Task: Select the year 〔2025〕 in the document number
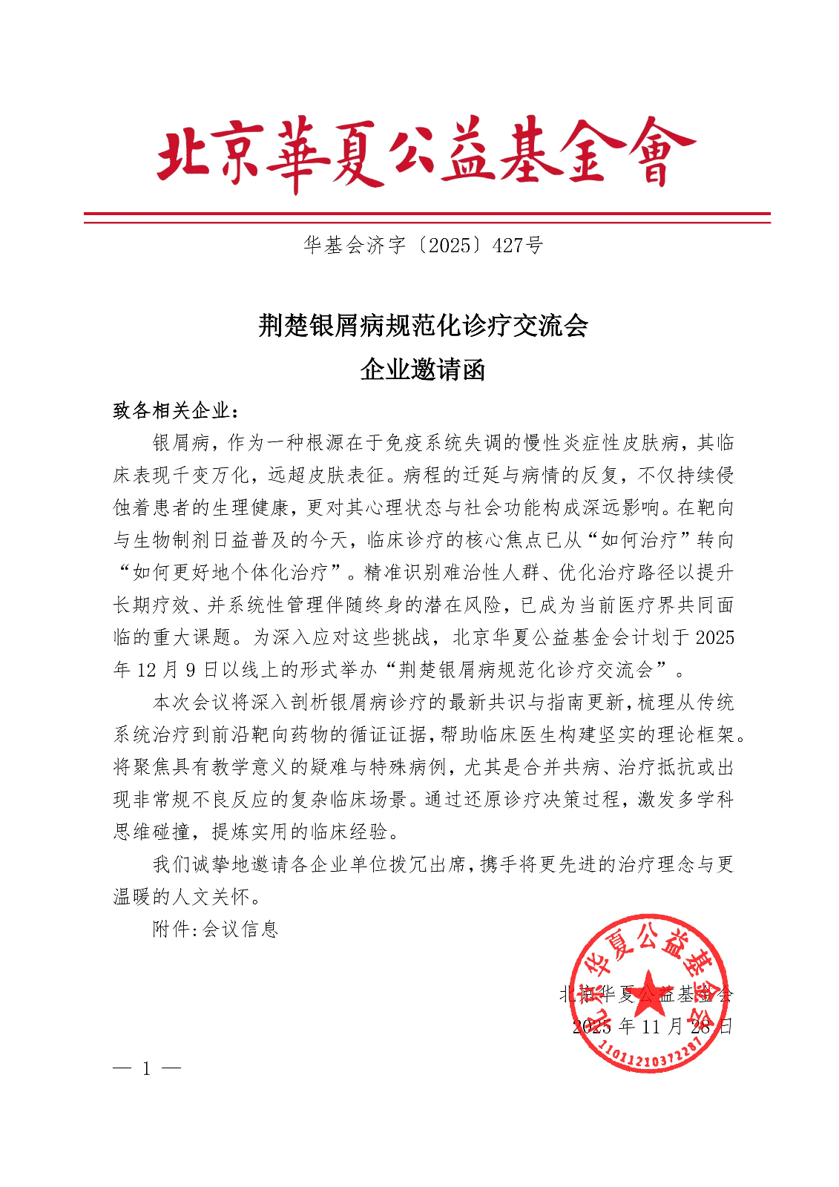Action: [448, 245]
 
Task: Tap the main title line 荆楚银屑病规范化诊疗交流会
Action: [423, 325]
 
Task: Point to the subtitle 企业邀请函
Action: [423, 369]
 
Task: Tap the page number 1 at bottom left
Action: [147, 1068]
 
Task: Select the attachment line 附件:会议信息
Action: [215, 929]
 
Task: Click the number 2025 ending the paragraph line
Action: [715, 638]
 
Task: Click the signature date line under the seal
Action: [653, 1026]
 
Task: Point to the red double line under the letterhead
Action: [427, 217]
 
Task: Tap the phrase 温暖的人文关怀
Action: [182, 897]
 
